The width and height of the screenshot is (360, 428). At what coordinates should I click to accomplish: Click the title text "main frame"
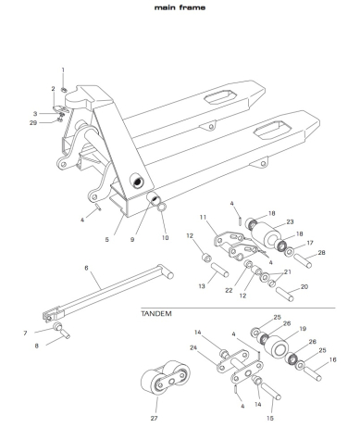click(180, 7)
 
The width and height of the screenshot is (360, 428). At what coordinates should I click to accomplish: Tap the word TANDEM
click(156, 314)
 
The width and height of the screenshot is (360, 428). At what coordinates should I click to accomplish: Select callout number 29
click(33, 123)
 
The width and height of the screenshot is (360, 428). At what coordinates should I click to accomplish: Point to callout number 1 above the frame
click(63, 70)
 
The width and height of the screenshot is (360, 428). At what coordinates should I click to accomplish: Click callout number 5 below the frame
click(106, 239)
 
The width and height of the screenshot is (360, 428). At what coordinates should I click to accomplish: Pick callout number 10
click(165, 238)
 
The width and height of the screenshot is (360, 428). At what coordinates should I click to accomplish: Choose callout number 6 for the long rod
click(86, 268)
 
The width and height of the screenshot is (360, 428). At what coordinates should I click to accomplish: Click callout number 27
click(154, 419)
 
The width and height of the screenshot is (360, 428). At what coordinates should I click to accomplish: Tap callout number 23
click(290, 221)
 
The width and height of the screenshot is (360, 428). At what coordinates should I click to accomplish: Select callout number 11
click(203, 218)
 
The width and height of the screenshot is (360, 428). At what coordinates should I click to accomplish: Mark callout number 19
click(303, 329)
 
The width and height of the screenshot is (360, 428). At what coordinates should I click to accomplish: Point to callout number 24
click(193, 347)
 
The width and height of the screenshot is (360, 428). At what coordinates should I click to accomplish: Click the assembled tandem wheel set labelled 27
click(166, 377)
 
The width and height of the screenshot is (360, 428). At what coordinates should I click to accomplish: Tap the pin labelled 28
click(303, 261)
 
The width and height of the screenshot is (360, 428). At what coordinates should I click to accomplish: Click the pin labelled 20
click(285, 295)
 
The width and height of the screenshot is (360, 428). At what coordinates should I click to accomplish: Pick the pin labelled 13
click(219, 270)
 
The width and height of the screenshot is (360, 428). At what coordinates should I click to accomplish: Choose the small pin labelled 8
click(65, 334)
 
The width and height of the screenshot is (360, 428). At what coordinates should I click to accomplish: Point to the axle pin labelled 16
click(313, 373)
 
